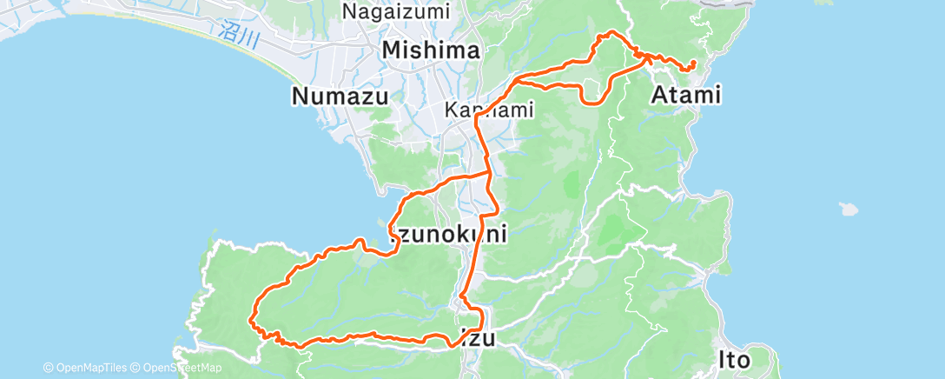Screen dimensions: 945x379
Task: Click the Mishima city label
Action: click(431, 50)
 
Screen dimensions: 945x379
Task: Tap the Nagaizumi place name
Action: click(396, 12)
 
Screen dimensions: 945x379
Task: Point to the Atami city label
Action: click(686, 95)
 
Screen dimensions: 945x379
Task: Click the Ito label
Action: click(734, 357)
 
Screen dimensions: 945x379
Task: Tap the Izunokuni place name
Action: click(447, 235)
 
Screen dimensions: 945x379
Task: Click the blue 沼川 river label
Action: click(228, 34)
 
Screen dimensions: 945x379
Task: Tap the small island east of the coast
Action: click(849, 209)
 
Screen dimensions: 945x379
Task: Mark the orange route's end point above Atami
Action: click(692, 64)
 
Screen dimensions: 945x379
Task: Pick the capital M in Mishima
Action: click(392, 50)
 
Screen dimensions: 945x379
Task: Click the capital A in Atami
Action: click(658, 95)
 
